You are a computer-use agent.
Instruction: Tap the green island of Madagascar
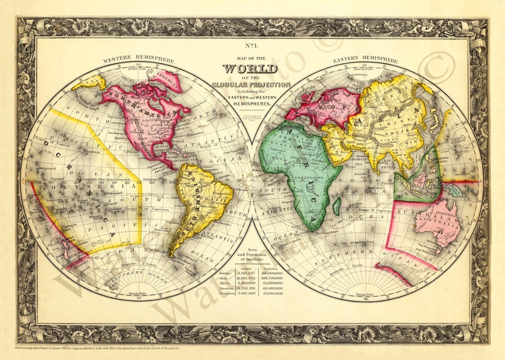(336, 205)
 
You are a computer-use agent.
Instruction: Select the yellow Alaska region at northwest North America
(88, 82)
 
